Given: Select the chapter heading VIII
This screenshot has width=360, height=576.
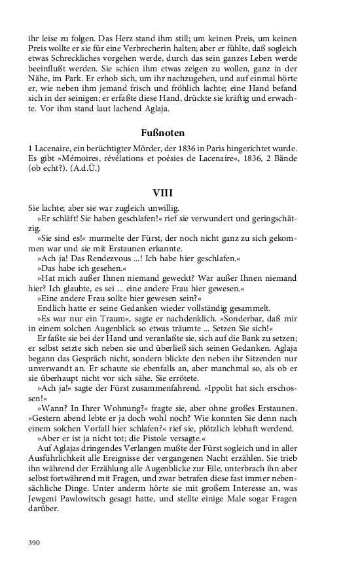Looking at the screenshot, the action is click(x=162, y=194).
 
